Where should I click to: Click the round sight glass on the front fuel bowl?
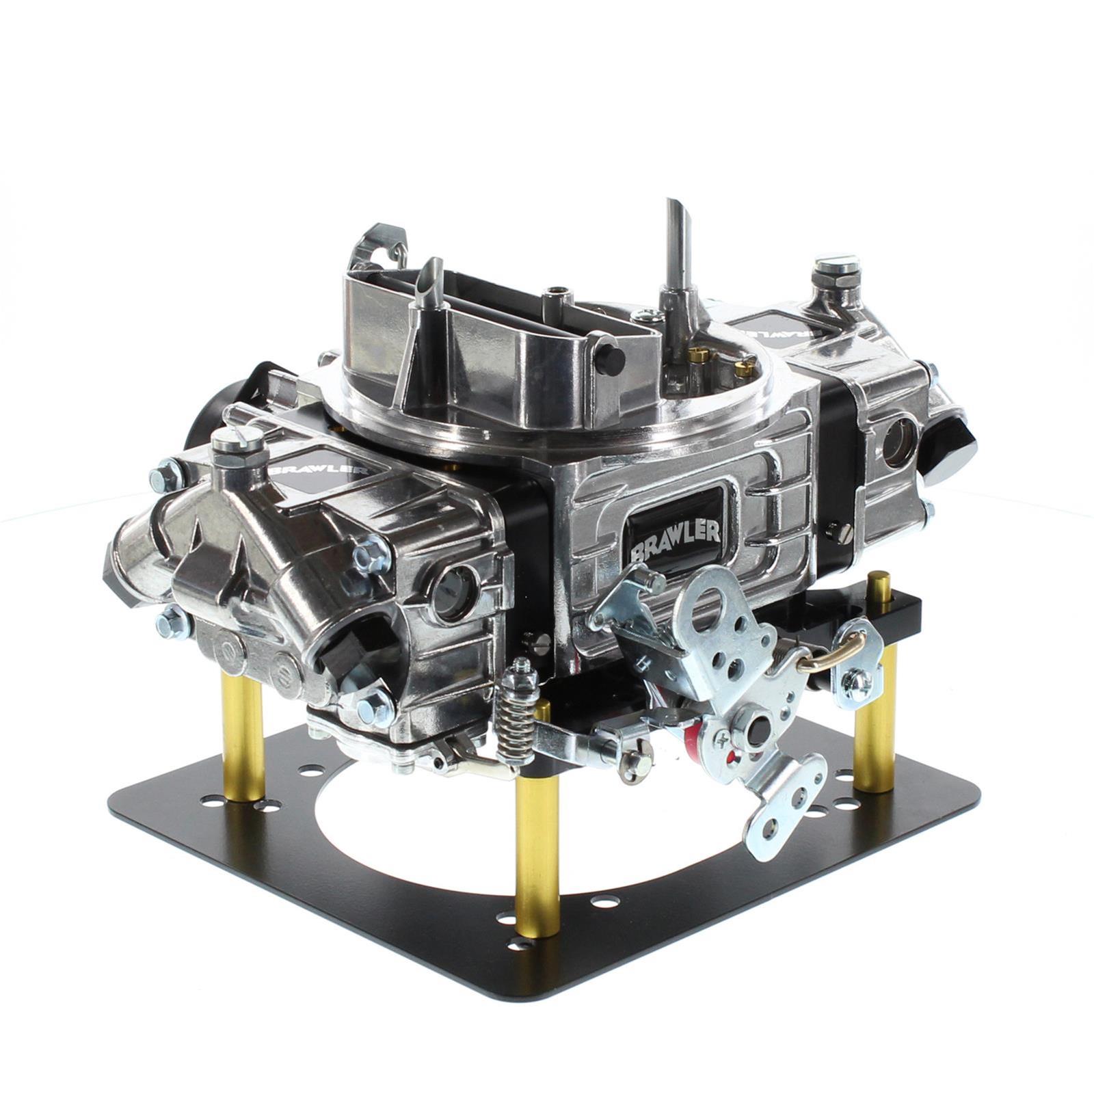coord(451,585)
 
